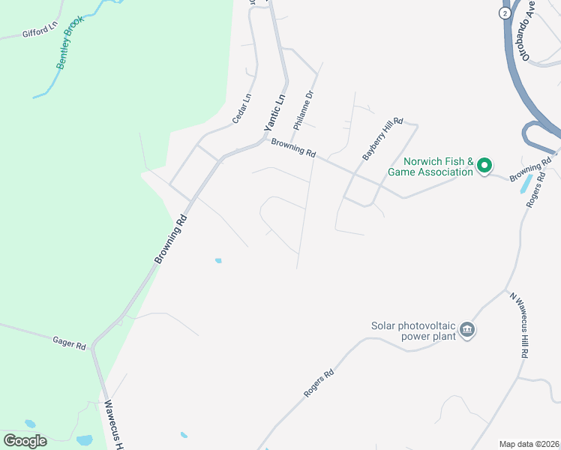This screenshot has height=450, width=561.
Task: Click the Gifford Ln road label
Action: tap(40, 32)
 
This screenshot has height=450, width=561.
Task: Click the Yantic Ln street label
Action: tap(275, 113)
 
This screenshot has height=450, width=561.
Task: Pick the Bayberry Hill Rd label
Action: tap(383, 138)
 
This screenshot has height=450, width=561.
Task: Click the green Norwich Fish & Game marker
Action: tap(484, 165)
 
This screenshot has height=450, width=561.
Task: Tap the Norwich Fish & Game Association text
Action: tap(430, 166)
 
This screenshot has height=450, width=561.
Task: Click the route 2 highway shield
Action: tap(505, 13)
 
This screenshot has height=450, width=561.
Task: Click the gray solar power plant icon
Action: tap(468, 330)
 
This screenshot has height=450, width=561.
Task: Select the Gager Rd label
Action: tap(69, 343)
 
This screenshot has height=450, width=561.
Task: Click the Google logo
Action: tap(25, 441)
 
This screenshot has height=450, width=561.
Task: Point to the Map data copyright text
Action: tap(529, 444)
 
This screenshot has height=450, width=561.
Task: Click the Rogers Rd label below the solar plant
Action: tap(318, 383)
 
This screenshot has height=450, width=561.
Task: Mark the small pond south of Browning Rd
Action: tap(217, 260)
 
